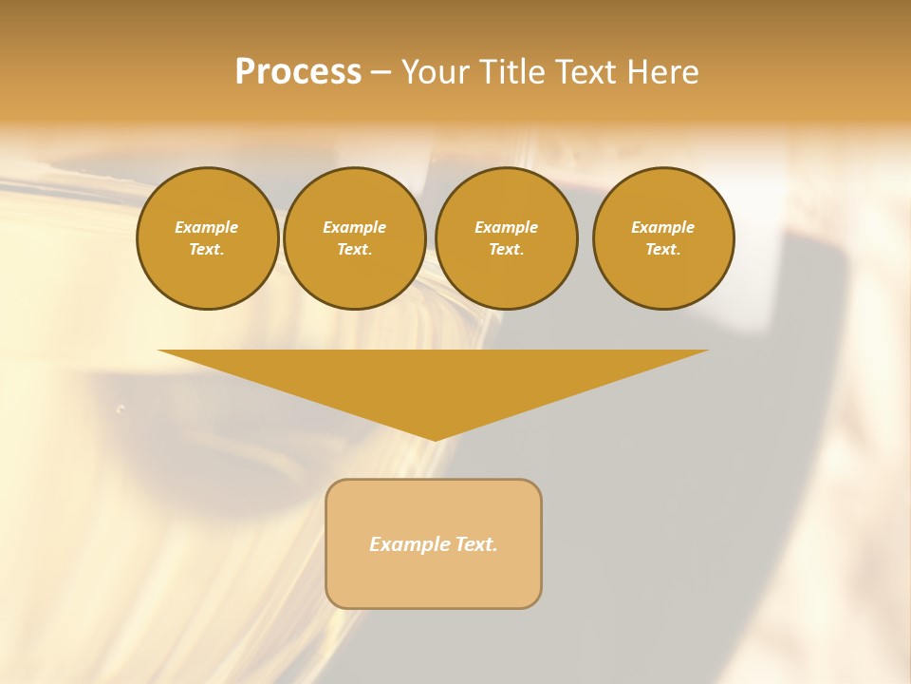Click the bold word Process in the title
(298, 72)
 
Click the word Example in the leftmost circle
(207, 227)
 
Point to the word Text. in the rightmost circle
(663, 249)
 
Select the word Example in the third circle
(506, 227)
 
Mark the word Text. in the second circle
(354, 249)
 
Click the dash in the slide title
(381, 72)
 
